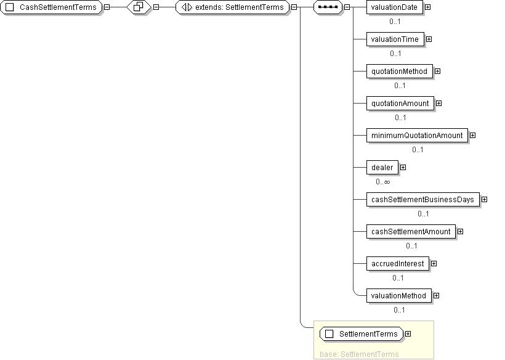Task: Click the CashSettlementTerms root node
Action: coord(51,7)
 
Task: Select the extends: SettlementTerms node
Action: coord(233,7)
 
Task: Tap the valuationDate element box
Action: coord(395,7)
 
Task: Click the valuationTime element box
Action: coord(395,39)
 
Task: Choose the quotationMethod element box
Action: coord(399,72)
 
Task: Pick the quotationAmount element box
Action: coord(400,104)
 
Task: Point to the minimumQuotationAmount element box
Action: coord(417,136)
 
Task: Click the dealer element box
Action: coord(382,168)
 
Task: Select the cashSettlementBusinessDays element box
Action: coord(423,200)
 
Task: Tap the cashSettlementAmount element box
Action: coord(411,232)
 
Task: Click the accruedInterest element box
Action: coord(398,264)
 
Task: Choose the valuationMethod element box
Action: coord(398,296)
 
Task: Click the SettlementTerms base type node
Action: coord(362,334)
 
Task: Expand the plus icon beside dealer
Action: coord(403,167)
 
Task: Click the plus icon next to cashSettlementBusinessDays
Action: coord(485,200)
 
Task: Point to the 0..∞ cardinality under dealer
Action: coord(383,182)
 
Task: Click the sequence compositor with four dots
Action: coord(328,7)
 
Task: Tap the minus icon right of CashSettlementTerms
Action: coord(107,7)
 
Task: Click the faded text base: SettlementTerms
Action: coord(359,354)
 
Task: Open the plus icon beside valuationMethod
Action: coord(437,295)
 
